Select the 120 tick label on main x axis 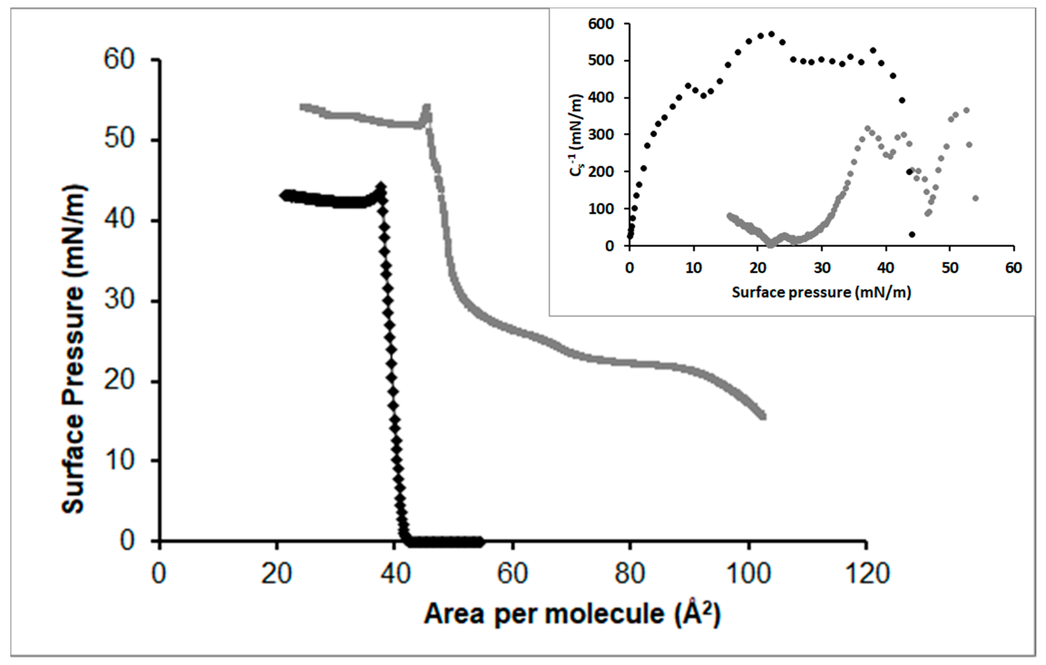[x=866, y=573]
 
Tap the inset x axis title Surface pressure [x=821, y=292]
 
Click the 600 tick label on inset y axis [x=601, y=24]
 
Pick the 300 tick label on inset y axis [x=601, y=135]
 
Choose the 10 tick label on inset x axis [x=694, y=268]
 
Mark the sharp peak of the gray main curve [x=427, y=107]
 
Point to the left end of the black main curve [x=283, y=195]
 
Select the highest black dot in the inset [x=772, y=34]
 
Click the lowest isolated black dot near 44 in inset [x=912, y=234]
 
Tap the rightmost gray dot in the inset [x=975, y=198]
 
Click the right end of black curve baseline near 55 [x=480, y=542]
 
